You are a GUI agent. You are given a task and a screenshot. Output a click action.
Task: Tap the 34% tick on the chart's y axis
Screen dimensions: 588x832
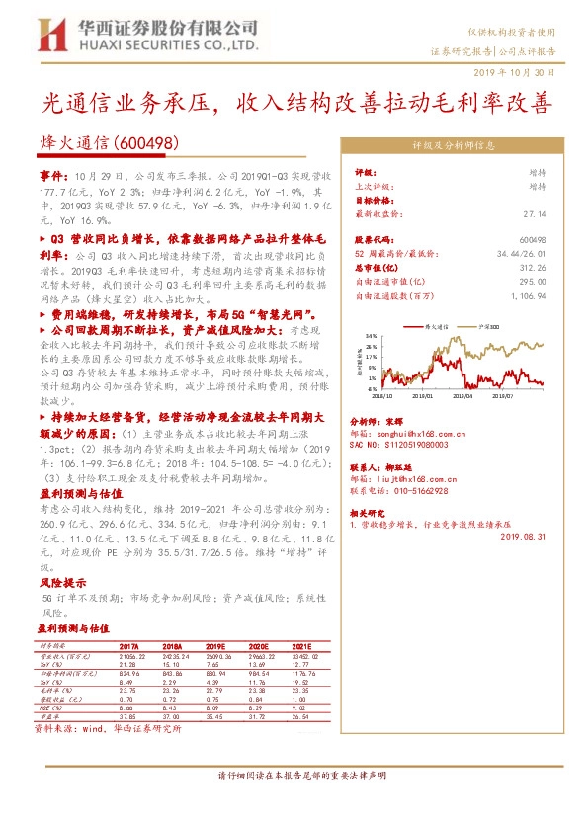click(372, 336)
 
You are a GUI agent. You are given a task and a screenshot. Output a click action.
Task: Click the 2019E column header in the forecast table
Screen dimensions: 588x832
click(218, 647)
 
